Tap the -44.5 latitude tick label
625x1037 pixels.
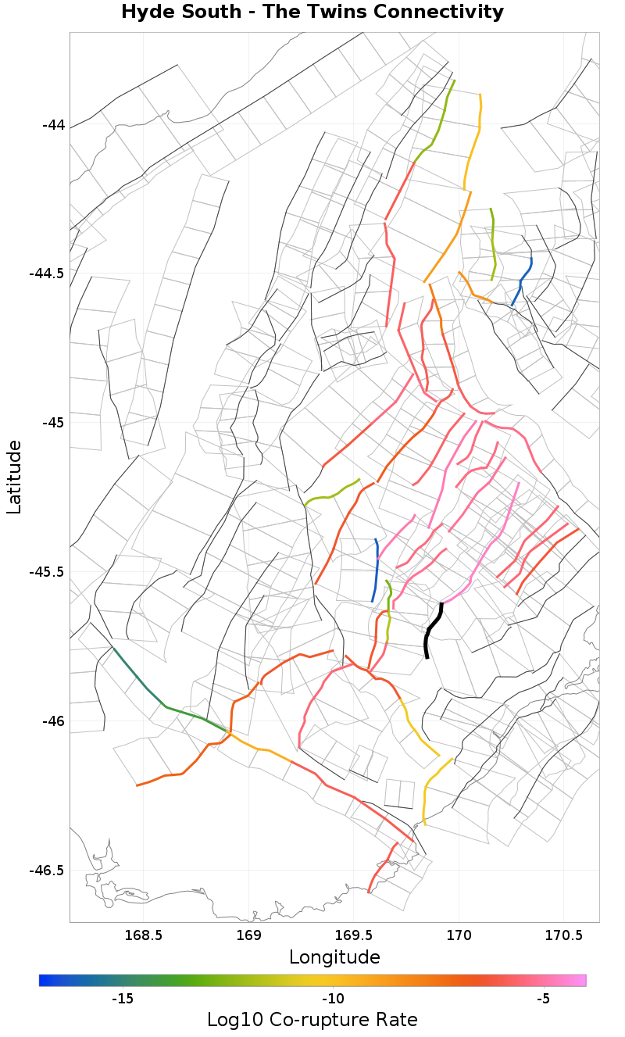pyautogui.click(x=48, y=274)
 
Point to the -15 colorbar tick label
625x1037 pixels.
pyautogui.click(x=123, y=999)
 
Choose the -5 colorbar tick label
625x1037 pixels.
pyautogui.click(x=545, y=999)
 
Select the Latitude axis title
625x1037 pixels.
pyautogui.click(x=14, y=477)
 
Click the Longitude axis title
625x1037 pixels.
pyautogui.click(x=334, y=957)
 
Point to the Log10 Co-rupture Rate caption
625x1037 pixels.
pyautogui.click(x=312, y=1020)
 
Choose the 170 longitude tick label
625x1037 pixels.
pyautogui.click(x=458, y=935)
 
